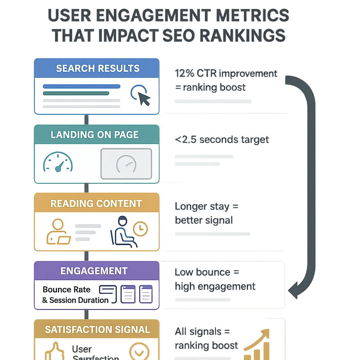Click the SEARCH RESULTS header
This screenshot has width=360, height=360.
pos(97,68)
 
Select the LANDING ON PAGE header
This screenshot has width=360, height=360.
pos(95,135)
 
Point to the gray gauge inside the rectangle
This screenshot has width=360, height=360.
pos(126,163)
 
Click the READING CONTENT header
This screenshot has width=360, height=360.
pos(96,204)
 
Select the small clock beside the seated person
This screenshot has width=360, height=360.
pos(141,229)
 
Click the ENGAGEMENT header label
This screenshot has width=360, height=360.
pos(94,271)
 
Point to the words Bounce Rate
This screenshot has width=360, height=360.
pos(66,290)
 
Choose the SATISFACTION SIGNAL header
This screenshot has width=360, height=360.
pos(97,330)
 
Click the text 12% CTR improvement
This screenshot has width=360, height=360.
pos(226,74)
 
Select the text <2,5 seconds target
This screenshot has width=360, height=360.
pos(221,140)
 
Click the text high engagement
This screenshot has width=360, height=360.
pos(215,287)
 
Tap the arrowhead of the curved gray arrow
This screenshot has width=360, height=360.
pos(293,290)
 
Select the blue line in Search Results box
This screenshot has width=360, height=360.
pos(81,86)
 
